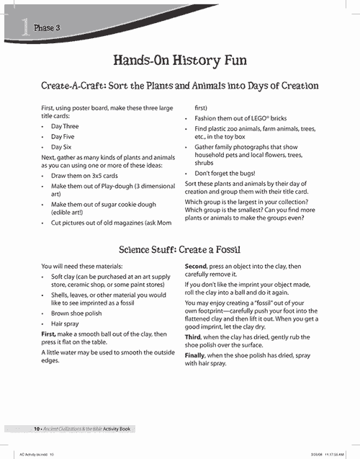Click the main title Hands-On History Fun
pyautogui.click(x=180, y=60)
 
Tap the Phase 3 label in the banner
pyautogui.click(x=47, y=27)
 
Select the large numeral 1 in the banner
pyautogui.click(x=25, y=27)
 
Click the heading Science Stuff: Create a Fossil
pyautogui.click(x=180, y=249)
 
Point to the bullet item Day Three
pyautogui.click(x=65, y=126)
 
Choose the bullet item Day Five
pyautogui.click(x=63, y=135)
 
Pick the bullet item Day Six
pyautogui.click(x=62, y=146)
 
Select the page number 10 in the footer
pyautogui.click(x=36, y=429)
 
